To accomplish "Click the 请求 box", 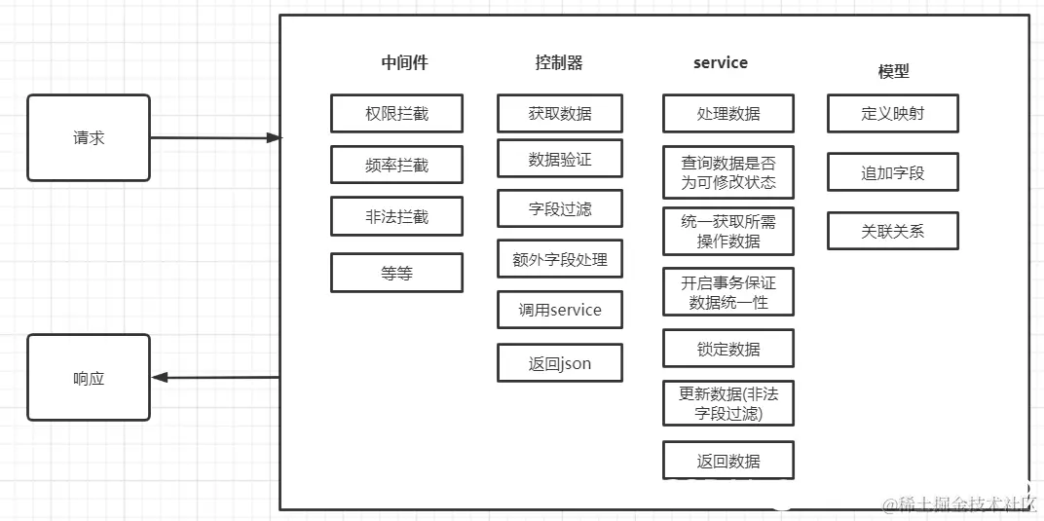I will [x=89, y=138].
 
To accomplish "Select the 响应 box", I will [x=89, y=378].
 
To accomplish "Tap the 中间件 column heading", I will [x=404, y=63].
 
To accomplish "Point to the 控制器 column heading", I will [x=559, y=63].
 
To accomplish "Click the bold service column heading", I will [x=721, y=63].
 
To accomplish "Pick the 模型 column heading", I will [x=893, y=71].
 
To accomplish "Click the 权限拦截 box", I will [x=396, y=114].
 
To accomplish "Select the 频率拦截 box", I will [x=396, y=166].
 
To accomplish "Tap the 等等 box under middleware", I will [x=396, y=273].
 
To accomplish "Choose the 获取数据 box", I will [x=560, y=114].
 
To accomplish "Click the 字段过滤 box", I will [x=560, y=208].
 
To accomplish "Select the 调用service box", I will [x=560, y=310].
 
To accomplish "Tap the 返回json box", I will [x=560, y=363].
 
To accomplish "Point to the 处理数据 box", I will [x=728, y=114].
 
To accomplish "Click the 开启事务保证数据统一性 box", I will [x=728, y=292].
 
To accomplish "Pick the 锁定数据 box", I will [x=728, y=349].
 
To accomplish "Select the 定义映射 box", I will [x=893, y=114].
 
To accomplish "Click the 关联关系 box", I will [x=893, y=232].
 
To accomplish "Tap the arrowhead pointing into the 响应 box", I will [x=160, y=378].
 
